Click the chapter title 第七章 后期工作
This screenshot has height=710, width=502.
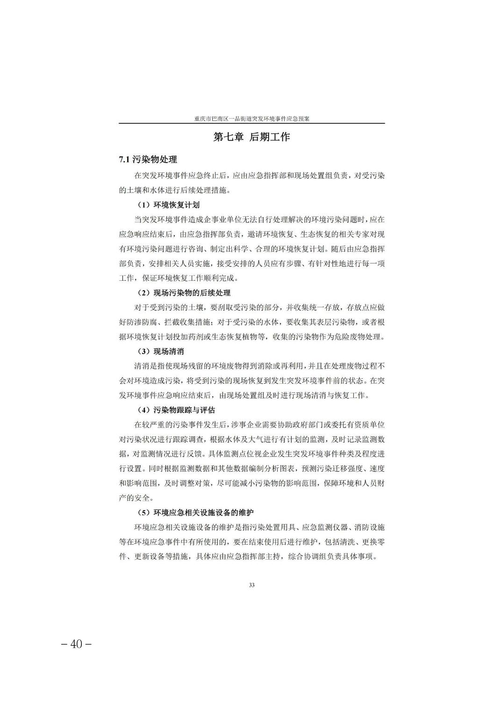[x=251, y=137]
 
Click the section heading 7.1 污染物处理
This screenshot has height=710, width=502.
[x=148, y=160]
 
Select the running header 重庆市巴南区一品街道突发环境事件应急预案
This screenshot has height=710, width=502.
[x=251, y=119]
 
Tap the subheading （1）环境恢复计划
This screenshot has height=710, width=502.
[x=168, y=205]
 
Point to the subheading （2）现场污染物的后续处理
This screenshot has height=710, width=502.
[x=184, y=293]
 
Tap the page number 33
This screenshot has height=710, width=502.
[x=251, y=585]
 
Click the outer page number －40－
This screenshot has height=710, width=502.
[x=76, y=644]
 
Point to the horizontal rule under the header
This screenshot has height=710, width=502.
[x=251, y=123]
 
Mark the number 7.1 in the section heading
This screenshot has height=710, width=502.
[x=124, y=160]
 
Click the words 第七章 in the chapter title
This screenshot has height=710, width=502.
[x=229, y=137]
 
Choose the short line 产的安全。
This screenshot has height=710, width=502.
[x=136, y=498]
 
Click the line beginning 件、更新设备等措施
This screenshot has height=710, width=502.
[x=248, y=556]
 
